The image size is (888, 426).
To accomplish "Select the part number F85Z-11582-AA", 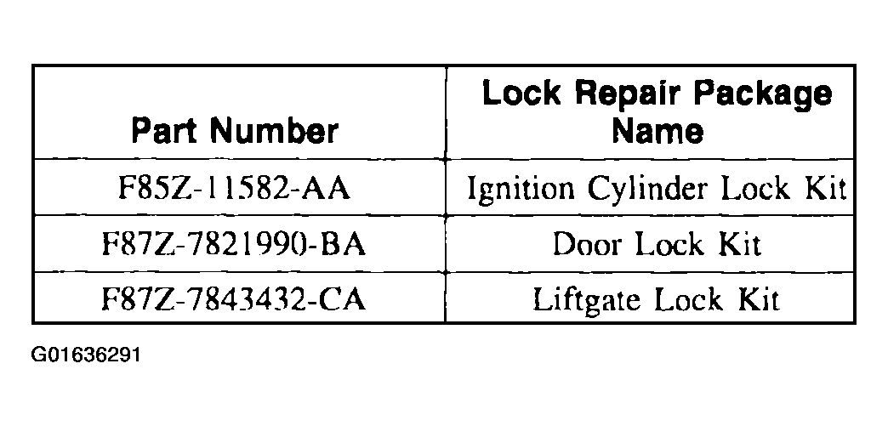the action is click(x=234, y=188).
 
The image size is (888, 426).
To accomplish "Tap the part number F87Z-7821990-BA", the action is click(x=234, y=244).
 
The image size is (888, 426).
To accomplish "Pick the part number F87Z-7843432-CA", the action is click(x=234, y=299).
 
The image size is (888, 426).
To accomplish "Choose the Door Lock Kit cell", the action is click(x=657, y=244).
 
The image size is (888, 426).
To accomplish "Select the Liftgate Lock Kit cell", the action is click(x=657, y=300).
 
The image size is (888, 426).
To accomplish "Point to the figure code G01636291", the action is click(x=86, y=355).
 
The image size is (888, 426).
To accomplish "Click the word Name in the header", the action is click(x=657, y=131).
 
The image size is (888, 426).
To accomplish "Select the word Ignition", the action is click(x=520, y=190).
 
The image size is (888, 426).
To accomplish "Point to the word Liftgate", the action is click(x=587, y=300).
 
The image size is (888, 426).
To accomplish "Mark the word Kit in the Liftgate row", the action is click(x=759, y=299).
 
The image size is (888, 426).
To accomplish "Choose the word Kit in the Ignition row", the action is click(x=826, y=188).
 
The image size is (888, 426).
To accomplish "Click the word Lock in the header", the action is click(x=521, y=93).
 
